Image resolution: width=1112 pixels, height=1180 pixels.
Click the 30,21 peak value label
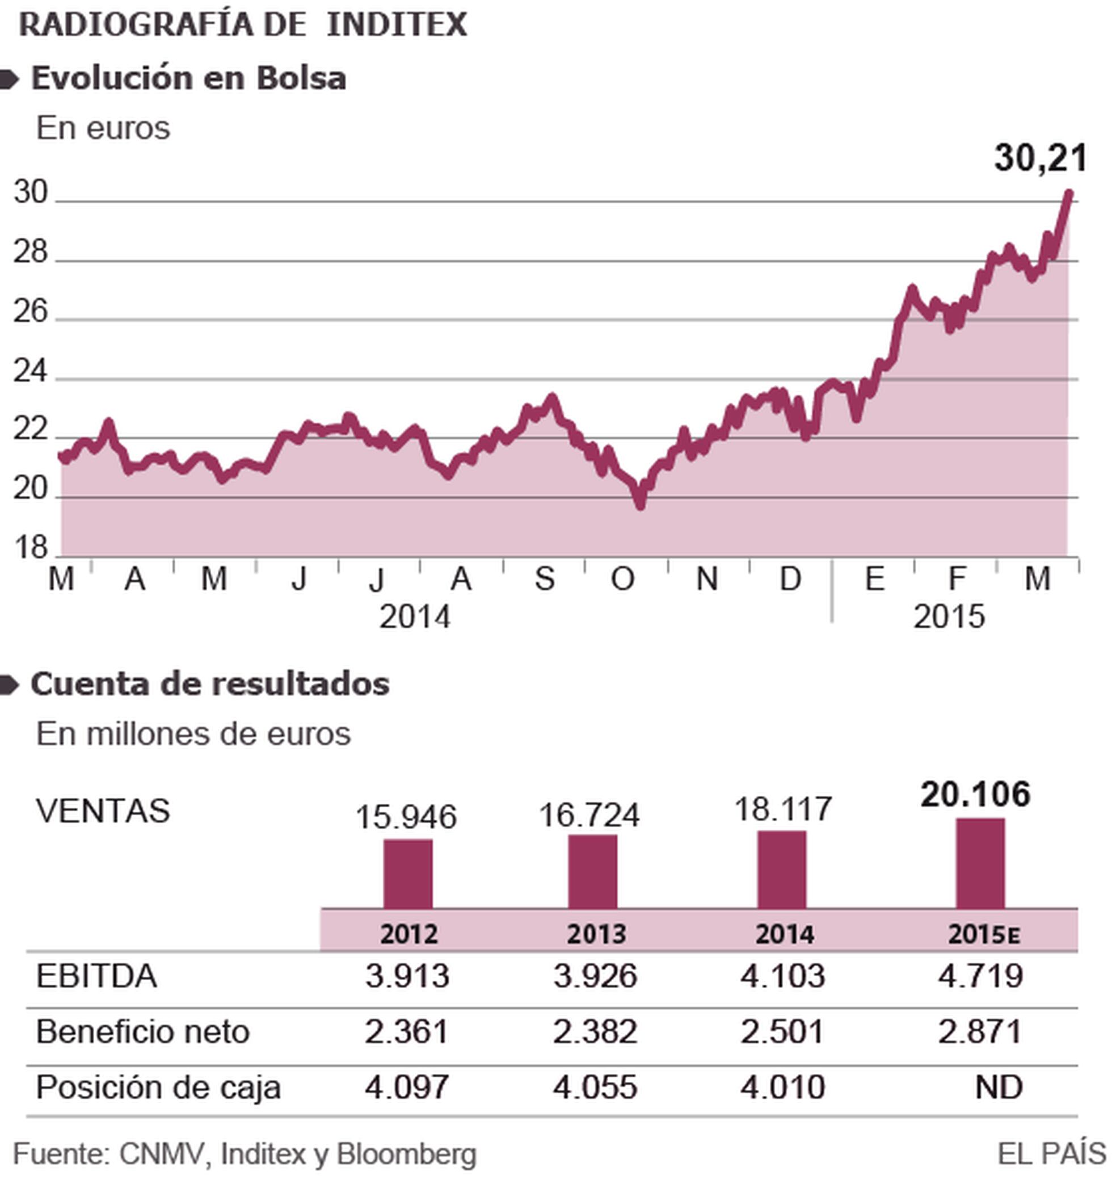point(1040,158)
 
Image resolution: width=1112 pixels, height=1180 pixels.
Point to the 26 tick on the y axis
point(30,312)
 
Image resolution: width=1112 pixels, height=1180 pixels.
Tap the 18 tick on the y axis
point(30,547)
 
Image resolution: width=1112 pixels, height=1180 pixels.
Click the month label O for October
point(622,578)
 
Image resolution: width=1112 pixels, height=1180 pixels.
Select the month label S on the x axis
point(544,578)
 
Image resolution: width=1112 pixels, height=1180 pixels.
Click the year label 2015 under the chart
point(948,617)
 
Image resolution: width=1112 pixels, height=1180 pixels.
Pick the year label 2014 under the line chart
point(415,617)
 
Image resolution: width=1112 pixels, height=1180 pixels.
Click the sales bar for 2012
point(408,873)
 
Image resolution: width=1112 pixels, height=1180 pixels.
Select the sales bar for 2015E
point(980,863)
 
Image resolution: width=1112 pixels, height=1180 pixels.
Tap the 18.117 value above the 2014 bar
point(783,809)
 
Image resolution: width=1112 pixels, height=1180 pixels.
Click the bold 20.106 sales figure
point(975,794)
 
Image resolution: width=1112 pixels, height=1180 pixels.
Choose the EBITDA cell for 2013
point(595,976)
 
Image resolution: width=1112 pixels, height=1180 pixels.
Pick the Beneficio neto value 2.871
point(980,1032)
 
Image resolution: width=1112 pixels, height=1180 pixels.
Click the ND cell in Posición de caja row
point(999,1087)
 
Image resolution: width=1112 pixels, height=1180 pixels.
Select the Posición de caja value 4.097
point(406,1087)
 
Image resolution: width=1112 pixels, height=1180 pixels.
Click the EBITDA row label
point(96,976)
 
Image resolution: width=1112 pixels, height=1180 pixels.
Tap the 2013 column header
point(596,934)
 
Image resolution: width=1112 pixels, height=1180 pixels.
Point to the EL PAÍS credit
point(1051,1153)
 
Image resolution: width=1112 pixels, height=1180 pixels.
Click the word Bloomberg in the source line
point(406,1153)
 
